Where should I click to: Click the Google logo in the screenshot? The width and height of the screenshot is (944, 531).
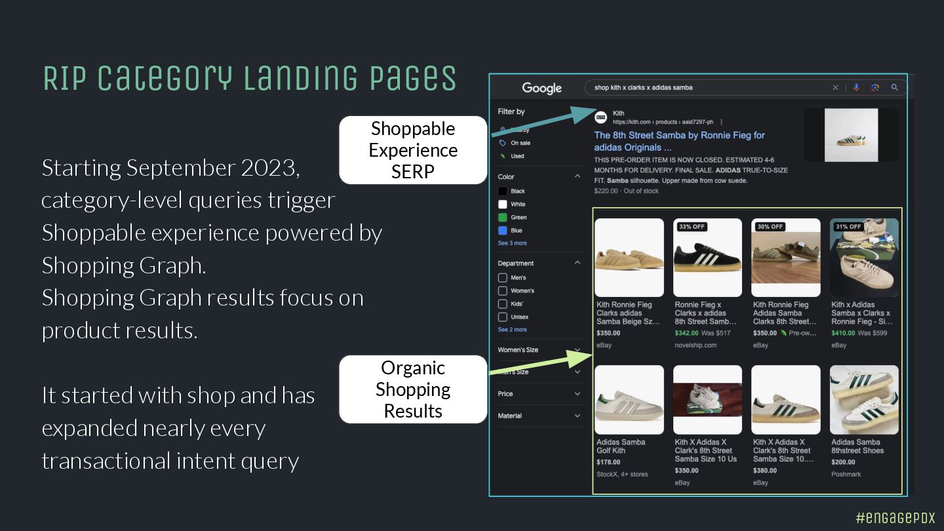(541, 88)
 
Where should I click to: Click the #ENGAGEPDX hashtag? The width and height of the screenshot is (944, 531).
(895, 517)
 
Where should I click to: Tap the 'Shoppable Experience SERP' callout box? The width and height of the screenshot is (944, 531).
(413, 150)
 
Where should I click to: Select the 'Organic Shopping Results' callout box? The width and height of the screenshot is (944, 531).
(413, 389)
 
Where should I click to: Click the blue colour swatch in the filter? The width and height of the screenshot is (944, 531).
(503, 231)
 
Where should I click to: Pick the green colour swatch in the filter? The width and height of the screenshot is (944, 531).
(503, 218)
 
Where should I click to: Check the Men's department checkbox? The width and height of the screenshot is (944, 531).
(503, 278)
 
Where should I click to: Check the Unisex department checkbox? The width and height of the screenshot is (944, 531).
(503, 317)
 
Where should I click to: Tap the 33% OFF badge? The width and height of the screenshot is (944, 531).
(692, 227)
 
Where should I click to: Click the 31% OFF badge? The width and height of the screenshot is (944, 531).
(848, 227)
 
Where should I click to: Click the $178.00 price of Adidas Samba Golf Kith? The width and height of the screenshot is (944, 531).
(608, 462)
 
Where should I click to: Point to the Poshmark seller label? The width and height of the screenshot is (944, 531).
(846, 474)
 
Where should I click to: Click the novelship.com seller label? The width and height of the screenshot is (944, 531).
(696, 345)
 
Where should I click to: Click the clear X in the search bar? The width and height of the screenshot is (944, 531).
(835, 88)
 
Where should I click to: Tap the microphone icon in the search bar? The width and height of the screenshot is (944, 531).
(856, 88)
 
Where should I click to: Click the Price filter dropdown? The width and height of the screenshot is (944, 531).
(539, 394)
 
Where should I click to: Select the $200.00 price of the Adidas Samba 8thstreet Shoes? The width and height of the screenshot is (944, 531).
(843, 462)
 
